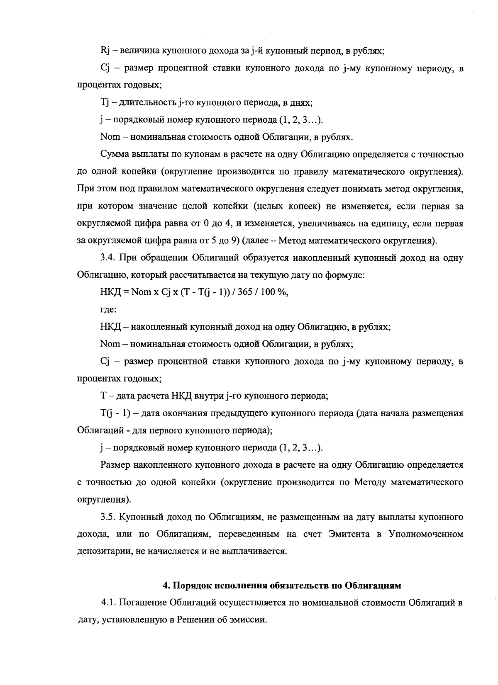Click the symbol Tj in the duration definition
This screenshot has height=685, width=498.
105,102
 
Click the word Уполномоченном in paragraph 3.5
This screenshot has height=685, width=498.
426,534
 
